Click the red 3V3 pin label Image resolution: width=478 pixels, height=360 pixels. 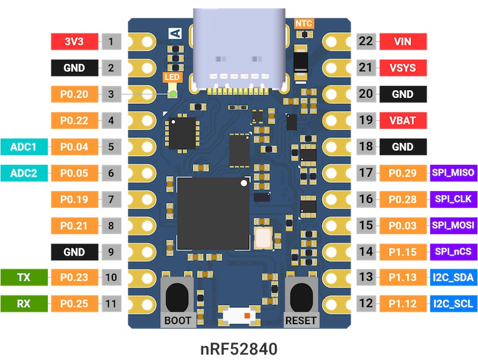click(x=74, y=42)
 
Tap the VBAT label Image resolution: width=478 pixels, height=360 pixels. click(x=402, y=121)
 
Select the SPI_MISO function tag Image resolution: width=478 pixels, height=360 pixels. click(x=453, y=173)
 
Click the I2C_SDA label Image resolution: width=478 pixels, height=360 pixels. click(x=453, y=278)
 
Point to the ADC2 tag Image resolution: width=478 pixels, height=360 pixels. click(x=24, y=173)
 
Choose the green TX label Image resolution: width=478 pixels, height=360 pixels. click(x=24, y=278)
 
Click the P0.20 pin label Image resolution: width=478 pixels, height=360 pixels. click(x=74, y=94)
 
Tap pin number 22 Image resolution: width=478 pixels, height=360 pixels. click(x=366, y=42)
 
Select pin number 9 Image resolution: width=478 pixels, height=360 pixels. click(x=111, y=251)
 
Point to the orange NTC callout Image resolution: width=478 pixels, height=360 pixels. click(x=304, y=23)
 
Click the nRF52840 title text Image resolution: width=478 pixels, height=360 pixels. click(x=239, y=347)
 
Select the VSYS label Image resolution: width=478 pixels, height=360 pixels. click(x=402, y=68)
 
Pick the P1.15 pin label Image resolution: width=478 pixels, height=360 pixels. click(x=402, y=251)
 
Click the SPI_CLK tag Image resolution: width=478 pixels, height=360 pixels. click(x=453, y=199)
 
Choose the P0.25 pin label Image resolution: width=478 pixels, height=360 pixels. click(x=74, y=303)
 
